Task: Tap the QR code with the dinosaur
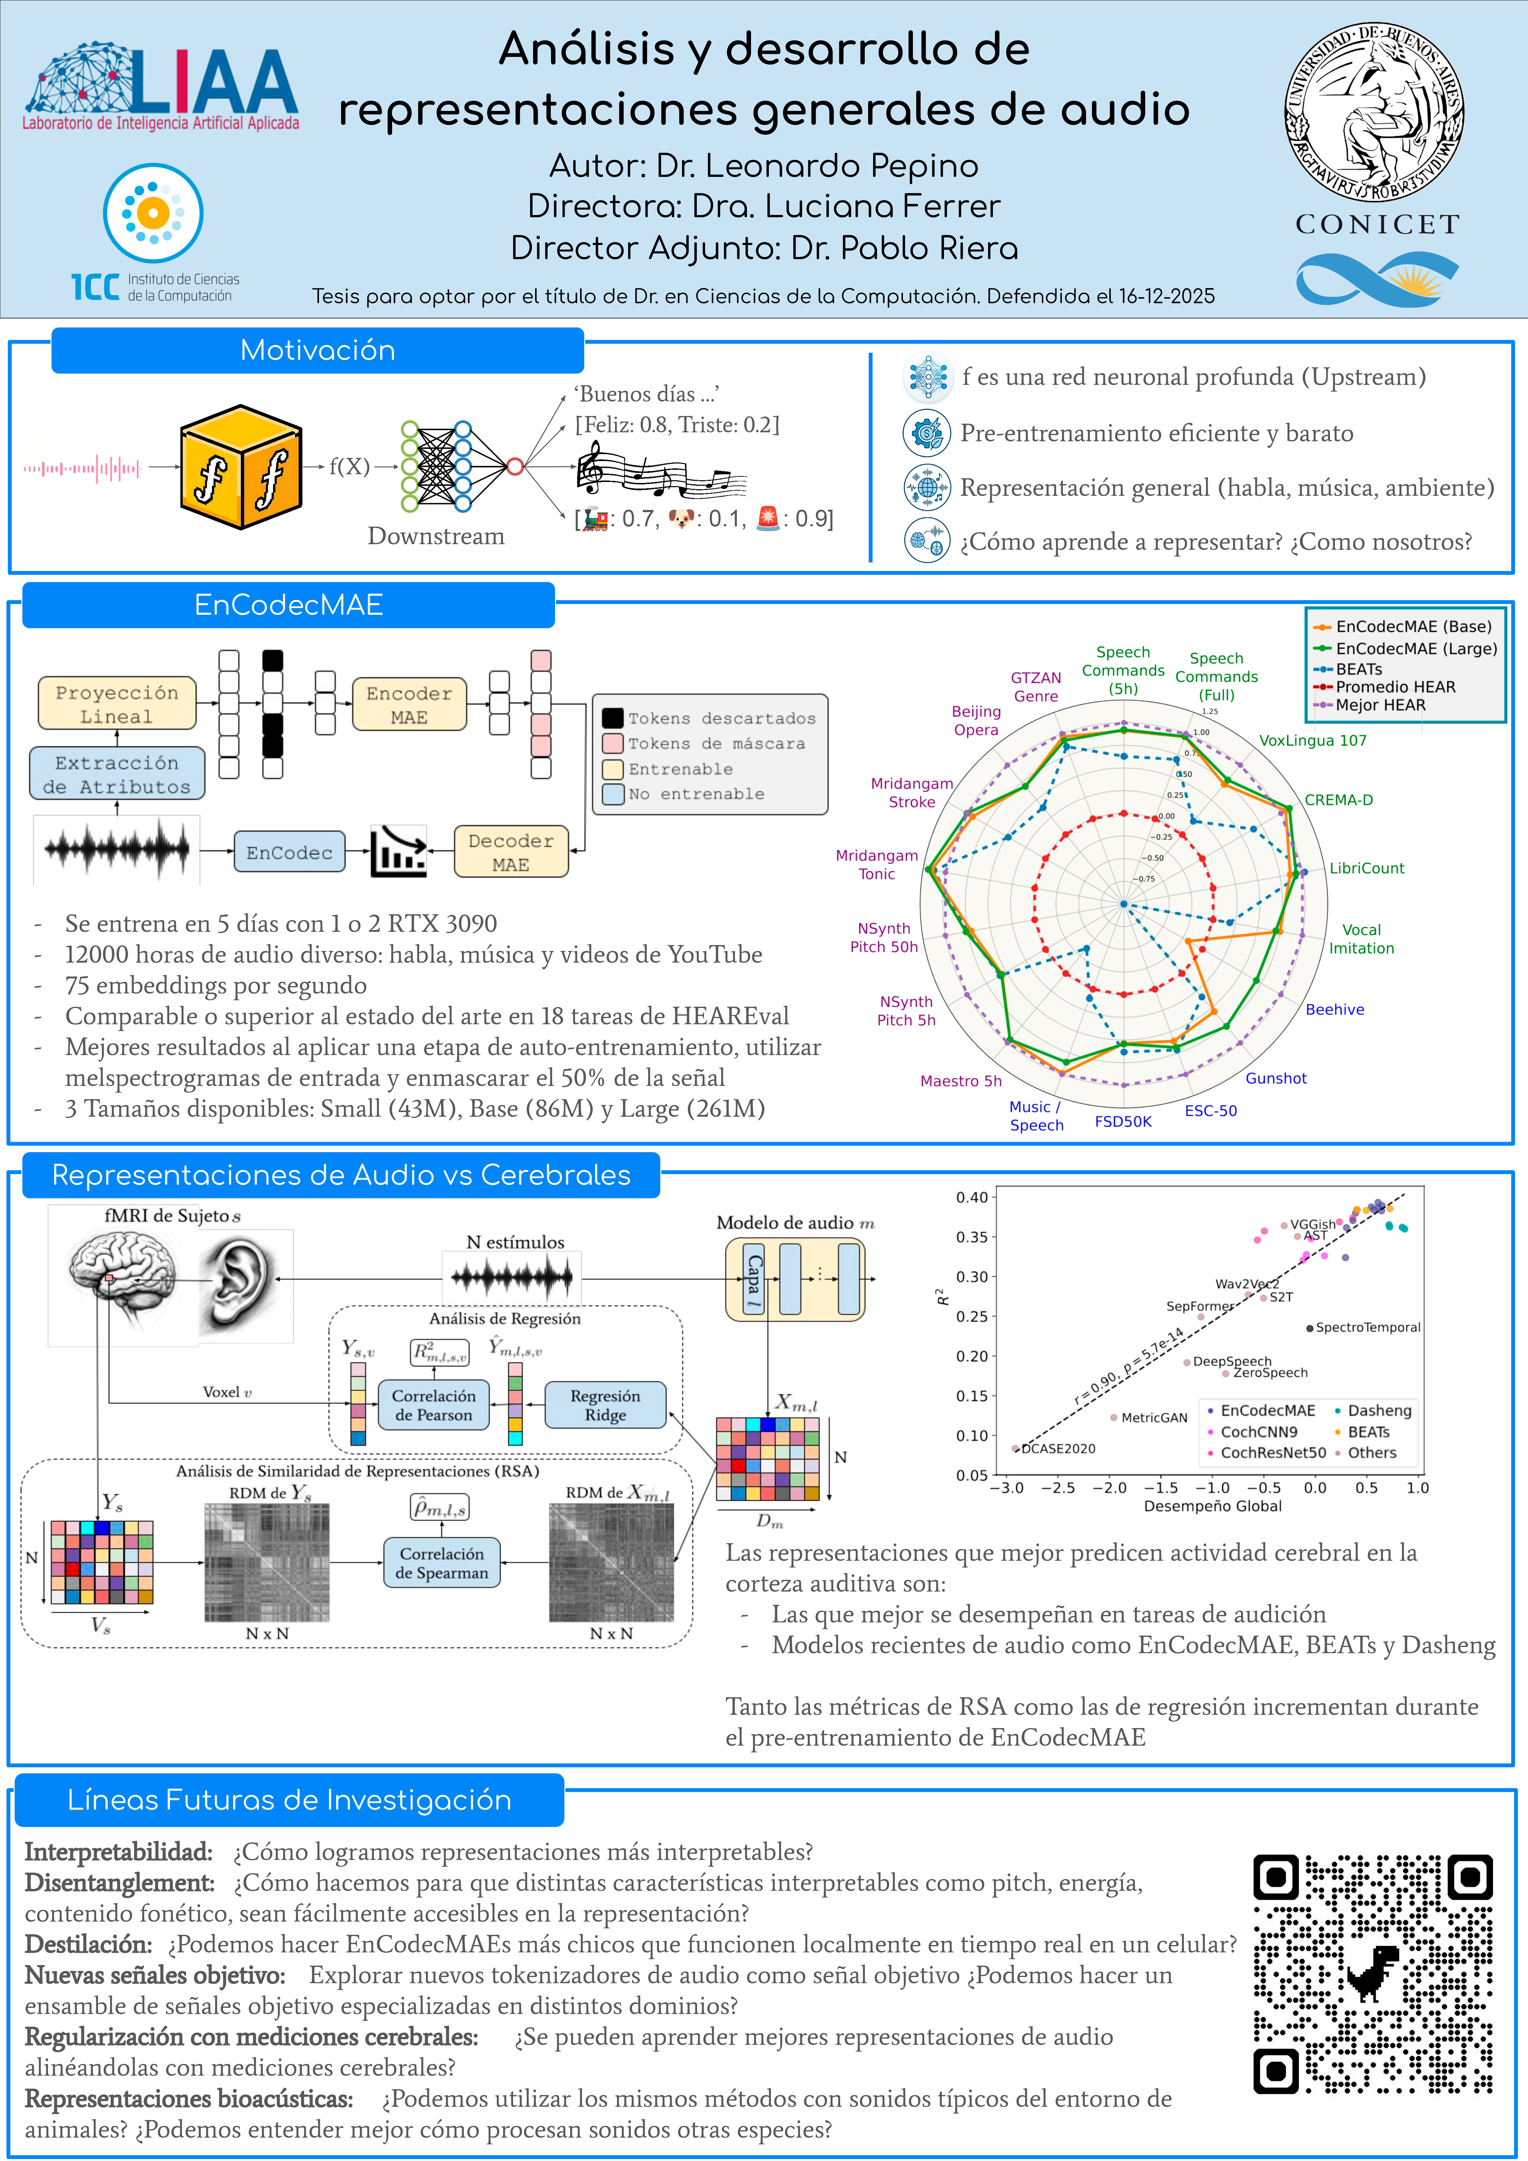point(1373,1974)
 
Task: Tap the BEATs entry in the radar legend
point(1358,669)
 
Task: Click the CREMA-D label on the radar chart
point(1338,800)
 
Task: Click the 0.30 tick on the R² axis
point(972,1276)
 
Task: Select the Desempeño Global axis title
point(1213,1506)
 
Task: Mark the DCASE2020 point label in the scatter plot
point(1058,1449)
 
